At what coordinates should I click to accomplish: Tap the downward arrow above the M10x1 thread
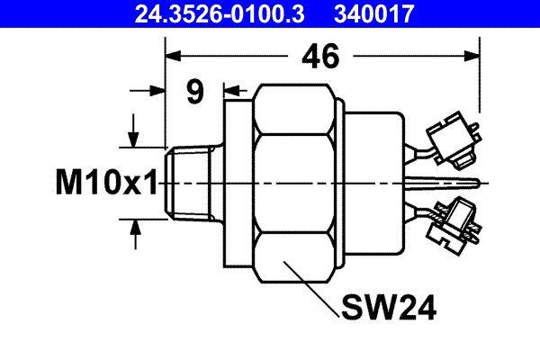pos(135,139)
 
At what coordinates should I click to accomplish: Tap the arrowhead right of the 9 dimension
pos(226,91)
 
